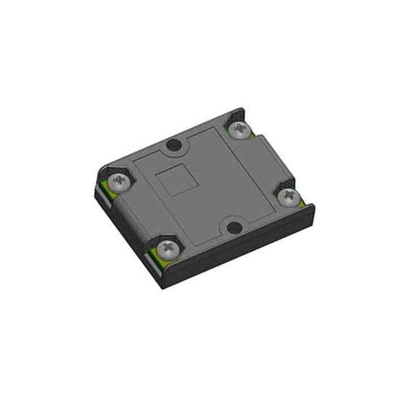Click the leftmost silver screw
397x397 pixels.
click(121, 181)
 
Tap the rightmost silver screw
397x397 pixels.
click(289, 195)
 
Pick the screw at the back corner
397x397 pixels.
click(241, 130)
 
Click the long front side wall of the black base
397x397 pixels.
click(238, 250)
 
